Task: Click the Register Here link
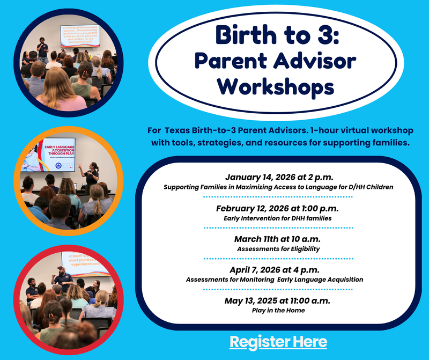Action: coord(278,342)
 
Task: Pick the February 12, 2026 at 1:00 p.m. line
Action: coord(278,208)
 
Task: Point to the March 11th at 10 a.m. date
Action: coord(278,239)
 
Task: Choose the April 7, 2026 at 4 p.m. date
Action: coord(278,270)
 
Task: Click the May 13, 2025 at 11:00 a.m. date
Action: coord(278,300)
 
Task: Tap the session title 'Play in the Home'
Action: coord(278,310)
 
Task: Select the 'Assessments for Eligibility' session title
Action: coord(278,249)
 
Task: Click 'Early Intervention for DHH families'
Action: coord(278,218)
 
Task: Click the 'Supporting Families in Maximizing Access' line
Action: coord(278,187)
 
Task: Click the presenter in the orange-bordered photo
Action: coord(92,171)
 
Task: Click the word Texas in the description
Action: coord(179,131)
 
